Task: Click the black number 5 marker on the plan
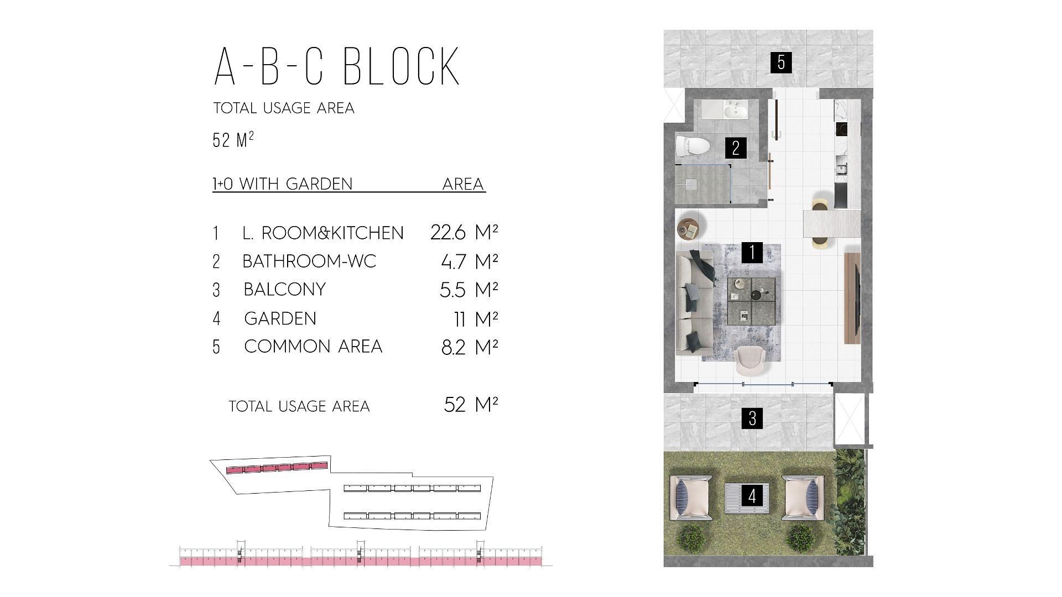pyautogui.click(x=781, y=62)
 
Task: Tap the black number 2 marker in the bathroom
pyautogui.click(x=736, y=148)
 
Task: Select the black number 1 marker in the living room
pyautogui.click(x=752, y=252)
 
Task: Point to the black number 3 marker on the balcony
pyautogui.click(x=752, y=418)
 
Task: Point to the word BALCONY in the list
pyautogui.click(x=284, y=289)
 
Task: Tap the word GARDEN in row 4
pyautogui.click(x=280, y=318)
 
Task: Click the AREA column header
pyautogui.click(x=463, y=184)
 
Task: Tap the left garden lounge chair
pyautogui.click(x=691, y=497)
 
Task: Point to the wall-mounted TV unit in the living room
pyautogui.click(x=853, y=298)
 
